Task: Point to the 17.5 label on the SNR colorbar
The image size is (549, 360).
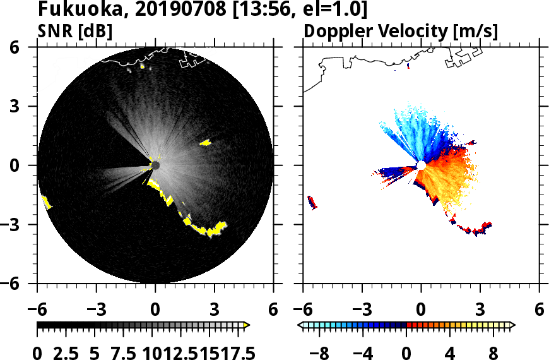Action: tap(234, 352)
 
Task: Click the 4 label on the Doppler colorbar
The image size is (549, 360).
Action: tap(450, 352)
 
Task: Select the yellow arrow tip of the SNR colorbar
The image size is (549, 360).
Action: tap(247, 325)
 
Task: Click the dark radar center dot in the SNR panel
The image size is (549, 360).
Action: tap(155, 165)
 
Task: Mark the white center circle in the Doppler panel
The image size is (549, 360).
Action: tap(421, 165)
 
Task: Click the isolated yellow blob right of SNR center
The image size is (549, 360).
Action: tap(205, 143)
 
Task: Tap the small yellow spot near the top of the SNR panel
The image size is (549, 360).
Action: tap(143, 66)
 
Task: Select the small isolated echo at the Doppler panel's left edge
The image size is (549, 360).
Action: tap(311, 202)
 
